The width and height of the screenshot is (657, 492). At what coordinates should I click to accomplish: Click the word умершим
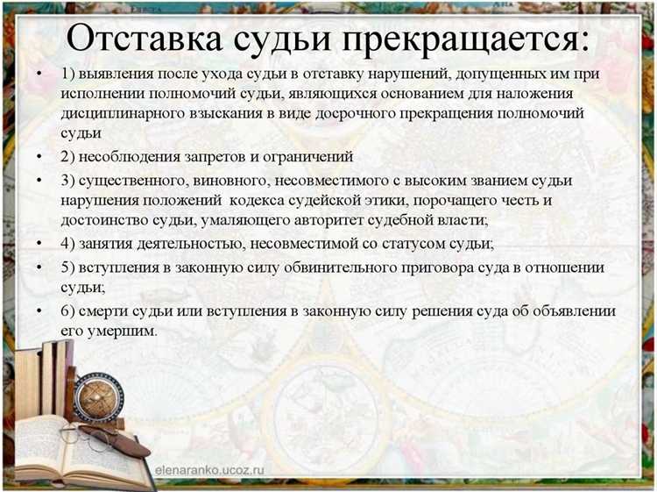coord(126,332)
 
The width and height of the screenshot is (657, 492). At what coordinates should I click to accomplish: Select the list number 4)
coord(68,243)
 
